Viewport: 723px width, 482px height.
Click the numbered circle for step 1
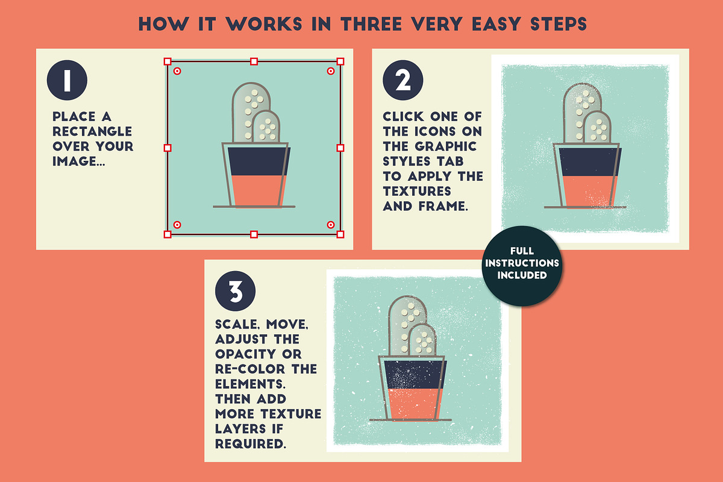[x=67, y=80]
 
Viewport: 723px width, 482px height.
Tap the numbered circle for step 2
[x=403, y=80]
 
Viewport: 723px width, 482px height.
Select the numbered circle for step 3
[x=236, y=291]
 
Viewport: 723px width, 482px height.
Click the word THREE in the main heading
[x=371, y=24]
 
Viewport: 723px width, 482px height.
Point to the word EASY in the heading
[x=496, y=24]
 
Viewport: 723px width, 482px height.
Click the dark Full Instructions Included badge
[x=522, y=266]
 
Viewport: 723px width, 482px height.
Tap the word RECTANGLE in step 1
[x=92, y=131]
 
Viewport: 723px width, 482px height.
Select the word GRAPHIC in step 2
[x=446, y=146]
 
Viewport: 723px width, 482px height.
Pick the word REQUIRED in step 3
[x=251, y=444]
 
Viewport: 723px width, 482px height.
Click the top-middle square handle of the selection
[x=254, y=61]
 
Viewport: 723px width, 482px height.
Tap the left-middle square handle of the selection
[x=167, y=148]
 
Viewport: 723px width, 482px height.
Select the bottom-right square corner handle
[x=340, y=234]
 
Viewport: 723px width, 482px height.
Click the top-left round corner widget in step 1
[x=177, y=71]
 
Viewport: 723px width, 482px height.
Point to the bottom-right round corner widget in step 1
[x=331, y=225]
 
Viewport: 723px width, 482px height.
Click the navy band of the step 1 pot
[x=259, y=161]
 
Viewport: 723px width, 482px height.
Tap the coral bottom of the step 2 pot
[x=590, y=191]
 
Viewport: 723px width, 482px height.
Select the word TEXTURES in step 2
[x=417, y=191]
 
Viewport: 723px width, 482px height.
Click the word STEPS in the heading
[x=559, y=24]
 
